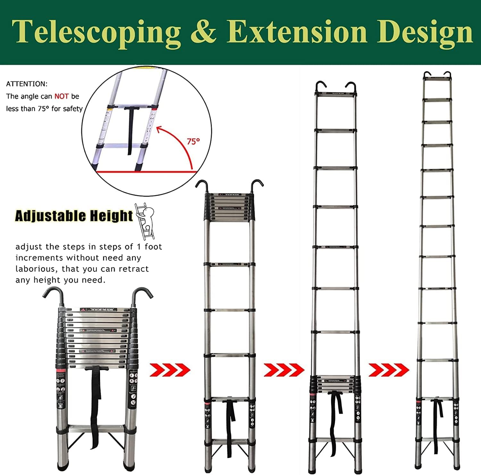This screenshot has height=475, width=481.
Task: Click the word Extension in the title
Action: coord(297,32)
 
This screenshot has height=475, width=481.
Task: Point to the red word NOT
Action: coord(61,96)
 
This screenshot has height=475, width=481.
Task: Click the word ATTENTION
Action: coord(27,84)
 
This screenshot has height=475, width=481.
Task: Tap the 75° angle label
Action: coord(193,141)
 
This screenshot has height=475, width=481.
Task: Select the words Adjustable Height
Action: coord(74,216)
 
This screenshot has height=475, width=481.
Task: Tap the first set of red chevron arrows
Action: coord(170,370)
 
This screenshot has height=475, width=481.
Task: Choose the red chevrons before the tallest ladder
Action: coord(389,370)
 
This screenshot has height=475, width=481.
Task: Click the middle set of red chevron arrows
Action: coord(284,370)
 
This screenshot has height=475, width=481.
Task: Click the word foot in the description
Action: coord(153,247)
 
